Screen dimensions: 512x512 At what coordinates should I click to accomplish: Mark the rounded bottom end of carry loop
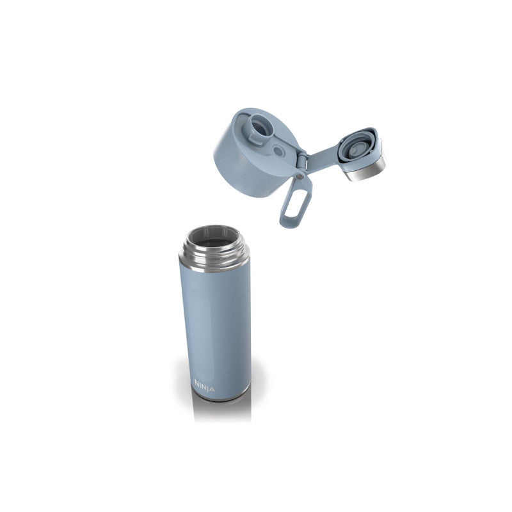click(287, 224)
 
